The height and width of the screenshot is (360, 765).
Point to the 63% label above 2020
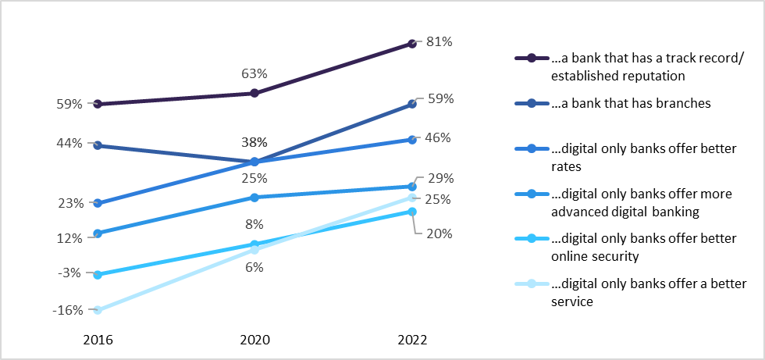coord(254,74)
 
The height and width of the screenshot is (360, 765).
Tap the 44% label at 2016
coord(70,144)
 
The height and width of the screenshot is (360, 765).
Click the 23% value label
coord(70,203)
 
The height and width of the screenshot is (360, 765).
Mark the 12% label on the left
coord(70,238)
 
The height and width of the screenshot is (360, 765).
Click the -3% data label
coord(69,273)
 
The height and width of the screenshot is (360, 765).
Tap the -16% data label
coord(67,310)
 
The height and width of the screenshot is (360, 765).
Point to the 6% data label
coord(254,267)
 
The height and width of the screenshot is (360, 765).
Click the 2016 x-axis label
coord(98,340)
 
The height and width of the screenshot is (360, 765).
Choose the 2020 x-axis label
coord(254,340)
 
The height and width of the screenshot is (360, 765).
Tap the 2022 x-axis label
coord(411,340)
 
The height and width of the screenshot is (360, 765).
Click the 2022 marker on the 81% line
coord(411,44)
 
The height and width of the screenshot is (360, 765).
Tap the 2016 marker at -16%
coord(98,310)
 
